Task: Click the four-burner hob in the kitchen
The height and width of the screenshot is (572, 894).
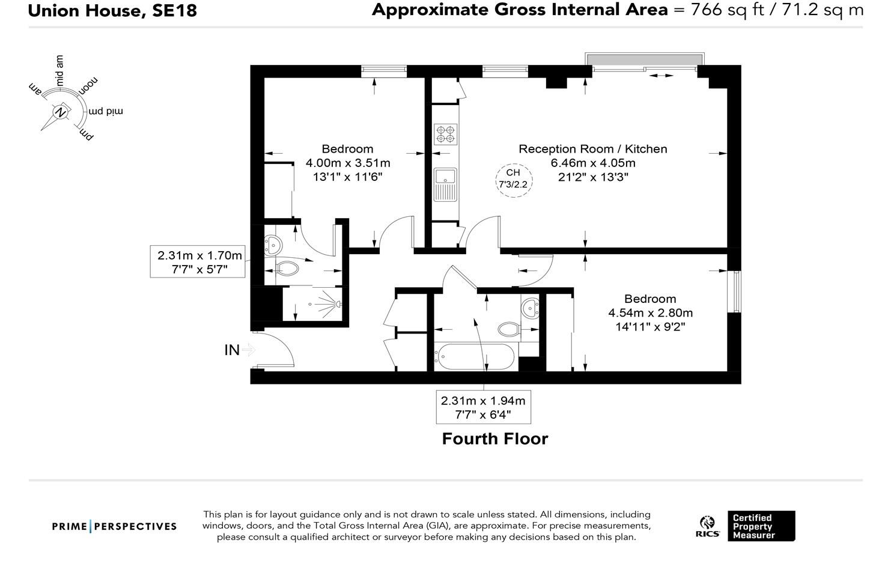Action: pyautogui.click(x=445, y=134)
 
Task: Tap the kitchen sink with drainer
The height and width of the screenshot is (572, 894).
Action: pyautogui.click(x=445, y=184)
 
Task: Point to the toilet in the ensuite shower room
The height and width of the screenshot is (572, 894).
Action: pyautogui.click(x=287, y=268)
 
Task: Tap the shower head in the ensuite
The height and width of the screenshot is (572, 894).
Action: pyautogui.click(x=338, y=305)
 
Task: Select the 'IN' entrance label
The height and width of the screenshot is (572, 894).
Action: pyautogui.click(x=232, y=350)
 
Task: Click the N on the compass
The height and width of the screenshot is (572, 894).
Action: pyautogui.click(x=61, y=112)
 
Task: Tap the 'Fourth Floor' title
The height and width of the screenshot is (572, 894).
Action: pyautogui.click(x=495, y=439)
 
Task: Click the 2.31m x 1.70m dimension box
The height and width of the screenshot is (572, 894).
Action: pyautogui.click(x=198, y=261)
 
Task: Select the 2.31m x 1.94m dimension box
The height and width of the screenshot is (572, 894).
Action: pyautogui.click(x=483, y=407)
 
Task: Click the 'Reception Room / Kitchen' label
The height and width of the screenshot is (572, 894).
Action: pyautogui.click(x=592, y=149)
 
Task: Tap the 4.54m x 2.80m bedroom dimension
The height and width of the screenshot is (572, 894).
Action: pyautogui.click(x=650, y=313)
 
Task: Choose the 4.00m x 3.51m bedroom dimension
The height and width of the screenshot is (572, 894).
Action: pyautogui.click(x=348, y=163)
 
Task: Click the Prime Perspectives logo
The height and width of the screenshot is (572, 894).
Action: pyautogui.click(x=114, y=526)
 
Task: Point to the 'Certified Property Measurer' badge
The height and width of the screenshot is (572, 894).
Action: pyautogui.click(x=761, y=526)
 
